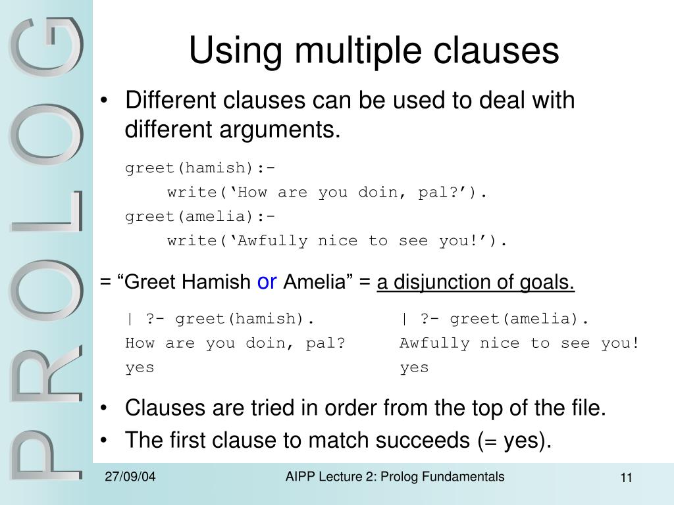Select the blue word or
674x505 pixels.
(x=267, y=282)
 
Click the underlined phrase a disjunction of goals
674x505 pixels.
(x=475, y=283)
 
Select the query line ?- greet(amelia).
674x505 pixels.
(x=494, y=319)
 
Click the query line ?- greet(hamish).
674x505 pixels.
(x=220, y=319)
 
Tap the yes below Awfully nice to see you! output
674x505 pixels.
(x=414, y=368)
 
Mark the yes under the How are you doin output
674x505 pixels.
(x=140, y=368)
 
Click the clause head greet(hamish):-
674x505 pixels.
(x=200, y=169)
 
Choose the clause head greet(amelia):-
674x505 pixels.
(x=200, y=217)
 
